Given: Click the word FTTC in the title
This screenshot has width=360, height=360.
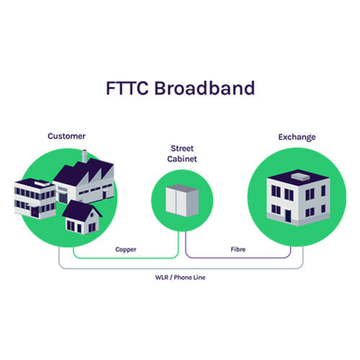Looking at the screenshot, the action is (x=127, y=88).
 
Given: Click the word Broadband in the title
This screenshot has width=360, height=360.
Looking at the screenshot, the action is (x=204, y=88).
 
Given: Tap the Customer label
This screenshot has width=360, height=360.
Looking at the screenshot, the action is (x=66, y=136).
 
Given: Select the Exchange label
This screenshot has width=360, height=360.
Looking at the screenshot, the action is (x=297, y=137).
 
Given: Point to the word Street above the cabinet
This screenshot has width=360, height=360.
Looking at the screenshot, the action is (x=182, y=148).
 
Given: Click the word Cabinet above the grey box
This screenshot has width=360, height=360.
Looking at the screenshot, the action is (x=182, y=158).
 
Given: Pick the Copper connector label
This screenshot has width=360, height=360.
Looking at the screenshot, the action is (x=126, y=250).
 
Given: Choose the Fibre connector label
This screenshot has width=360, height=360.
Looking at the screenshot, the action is (x=238, y=249).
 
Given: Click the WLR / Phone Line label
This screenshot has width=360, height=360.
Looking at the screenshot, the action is (x=180, y=277).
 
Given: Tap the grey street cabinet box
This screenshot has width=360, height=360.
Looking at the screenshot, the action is (x=182, y=200).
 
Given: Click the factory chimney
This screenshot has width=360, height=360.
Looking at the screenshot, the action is (x=84, y=156).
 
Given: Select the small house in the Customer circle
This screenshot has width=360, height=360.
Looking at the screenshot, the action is (x=81, y=217).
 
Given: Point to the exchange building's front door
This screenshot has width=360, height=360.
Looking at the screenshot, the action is (x=288, y=216).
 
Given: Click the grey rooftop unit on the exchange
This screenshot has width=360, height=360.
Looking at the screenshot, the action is (x=300, y=176).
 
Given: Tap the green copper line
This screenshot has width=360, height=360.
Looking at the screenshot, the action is (x=126, y=258).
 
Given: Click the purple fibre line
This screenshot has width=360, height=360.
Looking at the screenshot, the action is (x=238, y=258).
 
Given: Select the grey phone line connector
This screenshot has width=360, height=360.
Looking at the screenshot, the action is (x=181, y=269).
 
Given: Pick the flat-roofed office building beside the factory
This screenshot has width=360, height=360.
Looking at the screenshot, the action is (x=35, y=199).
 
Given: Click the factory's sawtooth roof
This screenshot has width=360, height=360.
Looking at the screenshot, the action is (x=84, y=171).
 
